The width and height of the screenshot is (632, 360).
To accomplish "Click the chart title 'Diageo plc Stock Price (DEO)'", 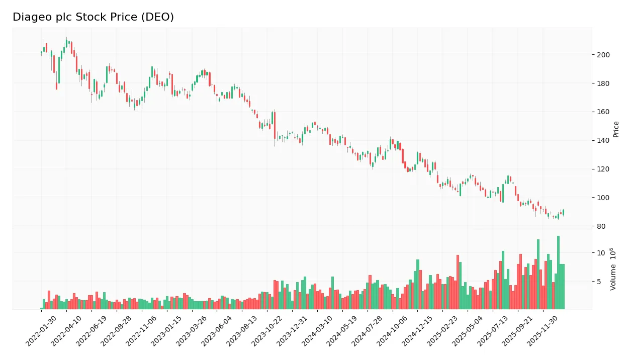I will (x=93, y=17).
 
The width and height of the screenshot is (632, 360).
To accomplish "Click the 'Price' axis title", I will (x=616, y=129).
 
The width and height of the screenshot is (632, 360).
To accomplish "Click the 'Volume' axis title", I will (x=613, y=269).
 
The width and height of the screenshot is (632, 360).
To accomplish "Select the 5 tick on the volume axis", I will (x=598, y=282).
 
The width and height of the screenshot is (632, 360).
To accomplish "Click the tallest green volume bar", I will (x=558, y=273).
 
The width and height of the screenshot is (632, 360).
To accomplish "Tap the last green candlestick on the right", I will (x=563, y=213).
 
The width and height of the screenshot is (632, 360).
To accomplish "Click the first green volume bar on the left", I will (x=41, y=308).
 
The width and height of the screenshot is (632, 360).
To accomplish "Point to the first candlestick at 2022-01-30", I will (x=41, y=52).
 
